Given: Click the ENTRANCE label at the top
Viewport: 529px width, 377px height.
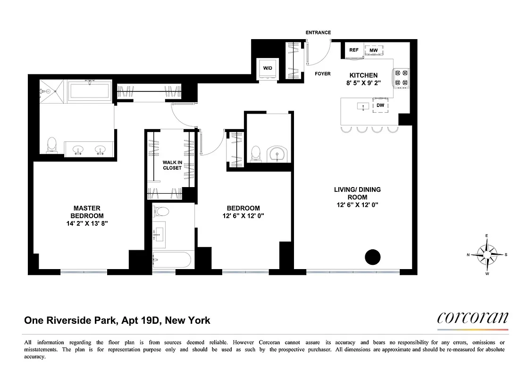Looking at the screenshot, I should (318, 33).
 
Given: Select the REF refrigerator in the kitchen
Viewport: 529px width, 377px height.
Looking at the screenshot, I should (354, 50).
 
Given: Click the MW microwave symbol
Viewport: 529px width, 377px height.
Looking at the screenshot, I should (373, 50).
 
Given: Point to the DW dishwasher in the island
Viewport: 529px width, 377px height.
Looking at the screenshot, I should (380, 106).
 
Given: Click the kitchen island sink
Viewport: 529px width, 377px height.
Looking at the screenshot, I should (362, 106).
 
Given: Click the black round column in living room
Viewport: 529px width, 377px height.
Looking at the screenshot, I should (372, 257).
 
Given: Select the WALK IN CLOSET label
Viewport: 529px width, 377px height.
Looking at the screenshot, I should (172, 165).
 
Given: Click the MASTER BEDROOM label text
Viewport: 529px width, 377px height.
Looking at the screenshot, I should (87, 212).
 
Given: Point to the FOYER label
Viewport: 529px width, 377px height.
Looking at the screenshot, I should (323, 74).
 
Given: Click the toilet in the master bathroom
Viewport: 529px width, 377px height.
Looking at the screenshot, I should (52, 145).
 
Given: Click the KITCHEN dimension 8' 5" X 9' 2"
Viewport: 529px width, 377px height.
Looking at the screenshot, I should (363, 83).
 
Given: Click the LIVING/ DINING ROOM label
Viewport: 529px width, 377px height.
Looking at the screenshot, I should (357, 193).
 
